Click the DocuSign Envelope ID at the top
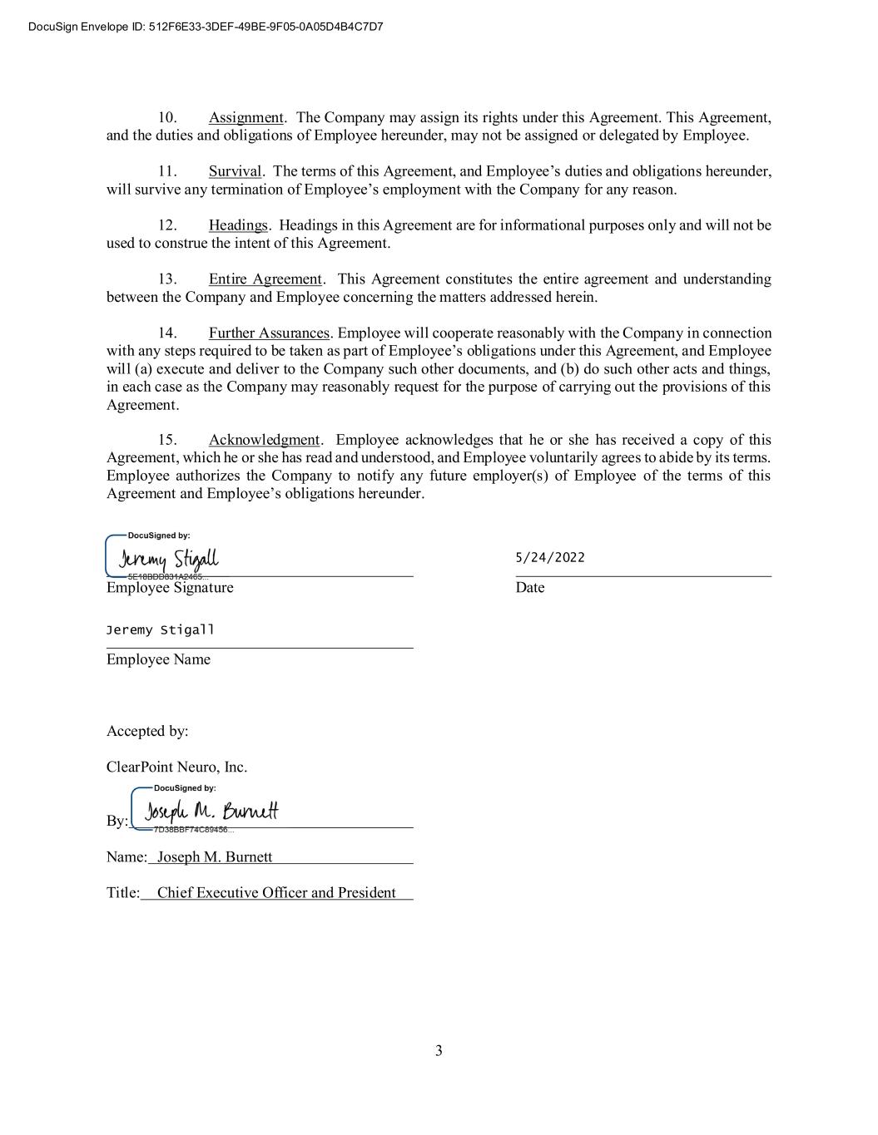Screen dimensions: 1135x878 [206, 27]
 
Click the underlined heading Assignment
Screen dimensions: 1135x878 [246, 117]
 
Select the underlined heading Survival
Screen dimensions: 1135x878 [235, 171]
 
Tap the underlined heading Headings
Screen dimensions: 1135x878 [238, 225]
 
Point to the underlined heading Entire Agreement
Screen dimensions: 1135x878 [265, 279]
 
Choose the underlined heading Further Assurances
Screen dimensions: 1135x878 [269, 333]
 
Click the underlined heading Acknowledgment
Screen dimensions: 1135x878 [264, 440]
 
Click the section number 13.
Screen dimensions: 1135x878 [167, 279]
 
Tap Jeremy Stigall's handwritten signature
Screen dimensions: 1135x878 [169, 559]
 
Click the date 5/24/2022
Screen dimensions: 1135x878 [550, 557]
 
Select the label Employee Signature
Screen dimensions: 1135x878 [170, 588]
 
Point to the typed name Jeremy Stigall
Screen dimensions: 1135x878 [160, 629]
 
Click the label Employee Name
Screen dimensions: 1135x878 [158, 659]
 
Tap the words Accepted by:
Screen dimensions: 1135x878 [147, 731]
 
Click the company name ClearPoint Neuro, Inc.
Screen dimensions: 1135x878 [176, 767]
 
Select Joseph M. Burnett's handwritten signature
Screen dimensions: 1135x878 [211, 812]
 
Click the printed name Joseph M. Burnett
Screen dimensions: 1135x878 [215, 857]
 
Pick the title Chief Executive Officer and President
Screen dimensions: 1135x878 [276, 893]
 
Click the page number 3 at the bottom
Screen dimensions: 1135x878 [439, 1051]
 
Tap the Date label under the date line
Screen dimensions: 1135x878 [530, 588]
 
